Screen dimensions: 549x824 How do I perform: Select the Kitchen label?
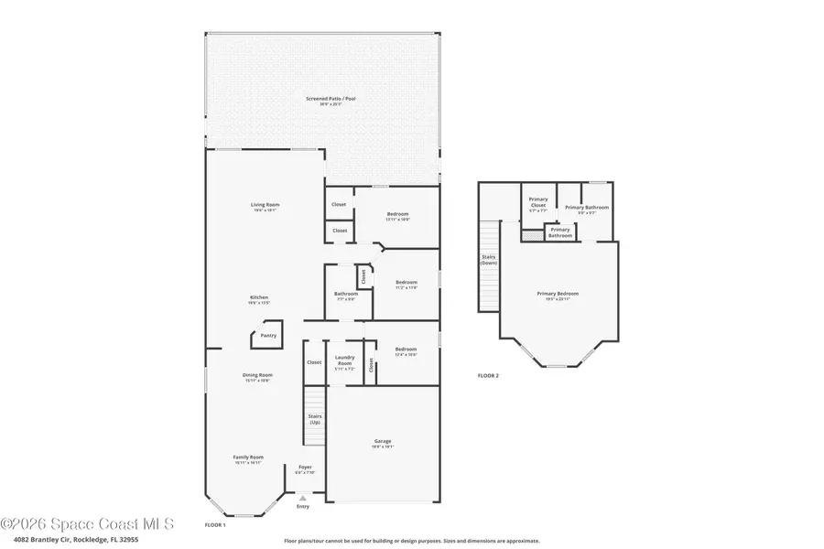[x=259, y=299]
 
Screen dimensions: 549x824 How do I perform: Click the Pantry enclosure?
[x=267, y=335]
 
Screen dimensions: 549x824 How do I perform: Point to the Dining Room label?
[x=258, y=376]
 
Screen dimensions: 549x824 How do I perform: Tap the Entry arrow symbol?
[x=303, y=498]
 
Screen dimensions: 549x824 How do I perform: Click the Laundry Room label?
[x=344, y=360]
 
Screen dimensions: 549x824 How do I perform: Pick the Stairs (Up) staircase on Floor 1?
[x=314, y=416]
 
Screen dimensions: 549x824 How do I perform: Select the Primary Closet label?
[x=538, y=201]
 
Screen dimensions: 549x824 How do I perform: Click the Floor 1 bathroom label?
[x=345, y=296]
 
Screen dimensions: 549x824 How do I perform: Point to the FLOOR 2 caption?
[x=489, y=376]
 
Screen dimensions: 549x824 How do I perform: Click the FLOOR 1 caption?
[x=214, y=524]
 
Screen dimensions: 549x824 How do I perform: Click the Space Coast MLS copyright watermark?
[x=87, y=524]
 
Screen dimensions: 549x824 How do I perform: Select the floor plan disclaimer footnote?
[x=411, y=540]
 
